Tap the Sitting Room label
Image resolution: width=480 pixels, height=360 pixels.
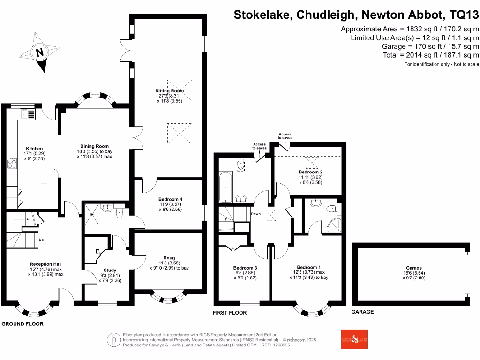point(170,90)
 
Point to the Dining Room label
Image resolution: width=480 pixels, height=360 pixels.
point(95,146)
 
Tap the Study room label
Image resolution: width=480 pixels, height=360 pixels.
point(110,270)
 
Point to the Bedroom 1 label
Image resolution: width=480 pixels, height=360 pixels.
point(308,267)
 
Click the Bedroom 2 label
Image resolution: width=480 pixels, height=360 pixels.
point(311,172)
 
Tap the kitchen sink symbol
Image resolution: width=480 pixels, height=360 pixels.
point(27,114)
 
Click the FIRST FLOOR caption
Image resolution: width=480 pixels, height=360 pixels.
point(230,313)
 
